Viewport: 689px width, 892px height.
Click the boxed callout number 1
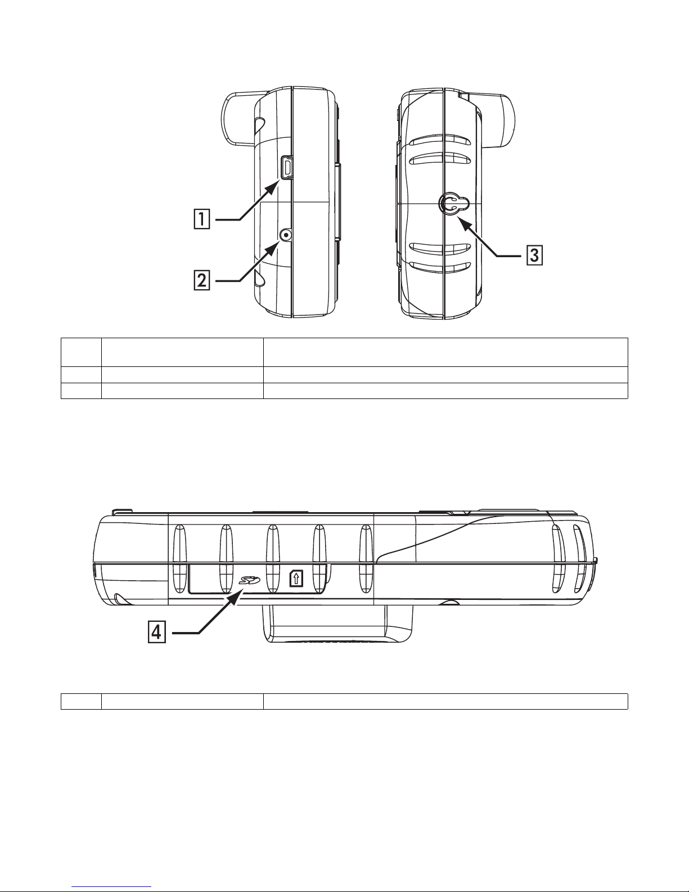(202, 219)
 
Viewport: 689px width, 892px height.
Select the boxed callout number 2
(202, 280)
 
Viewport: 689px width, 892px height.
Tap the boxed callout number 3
(534, 256)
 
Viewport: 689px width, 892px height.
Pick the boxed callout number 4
(157, 633)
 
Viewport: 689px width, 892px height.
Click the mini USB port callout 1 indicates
(287, 168)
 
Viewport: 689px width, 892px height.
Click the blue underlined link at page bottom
(111, 885)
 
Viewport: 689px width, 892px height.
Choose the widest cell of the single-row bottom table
(445, 702)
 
